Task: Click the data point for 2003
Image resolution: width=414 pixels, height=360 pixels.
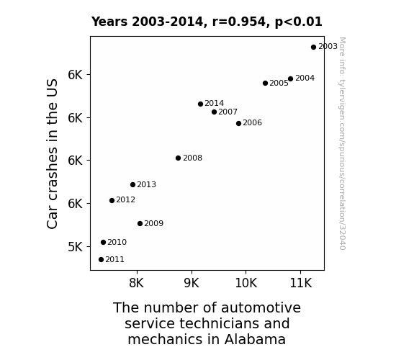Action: pyautogui.click(x=313, y=47)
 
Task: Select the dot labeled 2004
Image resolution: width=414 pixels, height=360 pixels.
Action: pyautogui.click(x=290, y=78)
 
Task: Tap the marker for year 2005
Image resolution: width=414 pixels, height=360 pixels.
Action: pyautogui.click(x=266, y=84)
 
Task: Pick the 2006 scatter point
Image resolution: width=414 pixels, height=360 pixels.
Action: pyautogui.click(x=239, y=123)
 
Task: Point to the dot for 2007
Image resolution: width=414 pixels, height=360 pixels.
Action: pyautogui.click(x=214, y=112)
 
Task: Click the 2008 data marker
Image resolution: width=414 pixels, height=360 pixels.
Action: pyautogui.click(x=179, y=158)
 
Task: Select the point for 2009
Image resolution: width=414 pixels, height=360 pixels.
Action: pyautogui.click(x=140, y=224)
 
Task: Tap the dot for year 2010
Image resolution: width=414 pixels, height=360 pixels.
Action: pyautogui.click(x=103, y=242)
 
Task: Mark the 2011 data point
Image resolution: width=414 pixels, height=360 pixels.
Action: pyautogui.click(x=101, y=260)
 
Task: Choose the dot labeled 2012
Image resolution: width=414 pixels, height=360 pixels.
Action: pyautogui.click(x=112, y=200)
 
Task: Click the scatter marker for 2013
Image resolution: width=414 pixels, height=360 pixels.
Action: pyautogui.click(x=132, y=184)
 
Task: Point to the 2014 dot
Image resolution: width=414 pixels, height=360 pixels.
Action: pyautogui.click(x=200, y=104)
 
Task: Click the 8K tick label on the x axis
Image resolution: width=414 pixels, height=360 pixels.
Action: pyautogui.click(x=137, y=283)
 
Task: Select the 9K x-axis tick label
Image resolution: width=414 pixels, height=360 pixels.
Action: pyautogui.click(x=192, y=283)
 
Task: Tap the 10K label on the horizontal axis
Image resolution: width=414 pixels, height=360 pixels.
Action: pyautogui.click(x=246, y=283)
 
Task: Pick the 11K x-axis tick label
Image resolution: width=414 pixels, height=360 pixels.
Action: pyautogui.click(x=301, y=283)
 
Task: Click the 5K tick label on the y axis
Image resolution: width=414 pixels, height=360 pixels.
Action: pyautogui.click(x=76, y=247)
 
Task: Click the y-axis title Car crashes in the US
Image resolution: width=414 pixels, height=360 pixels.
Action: pyautogui.click(x=52, y=153)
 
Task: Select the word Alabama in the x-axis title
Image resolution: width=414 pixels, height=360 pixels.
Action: pyautogui.click(x=255, y=339)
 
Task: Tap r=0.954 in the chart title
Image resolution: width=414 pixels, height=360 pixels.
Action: pyautogui.click(x=238, y=22)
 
